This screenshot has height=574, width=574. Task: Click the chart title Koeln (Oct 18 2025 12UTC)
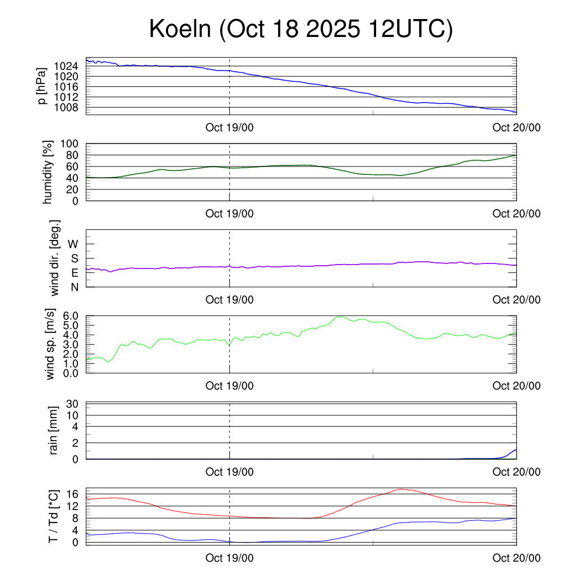point(300,29)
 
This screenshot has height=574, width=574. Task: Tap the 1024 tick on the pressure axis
point(66,66)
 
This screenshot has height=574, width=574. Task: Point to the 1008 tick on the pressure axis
point(66,107)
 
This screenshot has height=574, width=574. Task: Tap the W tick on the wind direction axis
point(73,244)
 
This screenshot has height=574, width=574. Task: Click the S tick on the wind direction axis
point(75,258)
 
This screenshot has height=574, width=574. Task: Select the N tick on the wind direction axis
point(75,287)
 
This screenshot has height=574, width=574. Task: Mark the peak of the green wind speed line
point(340,317)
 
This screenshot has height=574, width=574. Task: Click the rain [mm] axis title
point(54,430)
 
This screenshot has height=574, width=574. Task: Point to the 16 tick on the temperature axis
point(72,494)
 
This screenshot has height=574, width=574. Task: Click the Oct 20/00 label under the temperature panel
point(516,558)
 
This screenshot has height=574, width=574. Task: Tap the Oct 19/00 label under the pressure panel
point(230,128)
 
